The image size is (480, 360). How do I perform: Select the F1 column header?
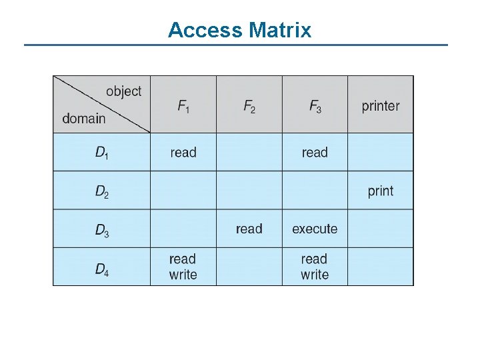(183, 106)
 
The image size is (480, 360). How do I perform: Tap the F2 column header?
(249, 106)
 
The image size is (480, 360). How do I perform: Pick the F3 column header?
(315, 106)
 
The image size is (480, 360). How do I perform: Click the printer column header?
(381, 106)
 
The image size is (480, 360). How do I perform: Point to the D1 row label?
(102, 153)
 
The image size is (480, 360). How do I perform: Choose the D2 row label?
(102, 192)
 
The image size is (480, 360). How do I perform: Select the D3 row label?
(102, 231)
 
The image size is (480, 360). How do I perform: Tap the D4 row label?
(102, 269)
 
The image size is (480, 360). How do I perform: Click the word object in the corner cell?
(123, 91)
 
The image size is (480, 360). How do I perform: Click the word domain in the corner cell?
(84, 119)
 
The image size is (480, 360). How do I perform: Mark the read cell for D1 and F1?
(183, 153)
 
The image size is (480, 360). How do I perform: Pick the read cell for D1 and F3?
(315, 153)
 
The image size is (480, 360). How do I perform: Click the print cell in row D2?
(381, 191)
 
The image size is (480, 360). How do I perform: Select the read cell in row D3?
(249, 229)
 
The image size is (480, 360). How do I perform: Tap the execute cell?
(315, 229)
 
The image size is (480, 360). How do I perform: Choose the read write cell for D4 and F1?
(183, 267)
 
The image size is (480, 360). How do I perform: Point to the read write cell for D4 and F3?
(315, 267)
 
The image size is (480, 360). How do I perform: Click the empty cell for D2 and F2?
(249, 191)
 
